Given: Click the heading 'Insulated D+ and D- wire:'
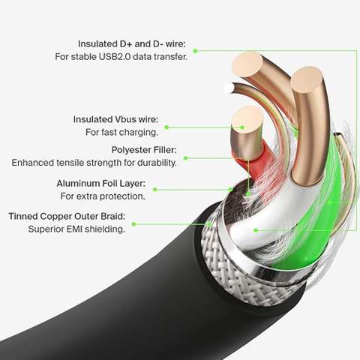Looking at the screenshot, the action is (132, 44).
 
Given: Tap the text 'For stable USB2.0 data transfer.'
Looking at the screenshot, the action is (121, 57).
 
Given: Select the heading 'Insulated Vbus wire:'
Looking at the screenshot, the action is (115, 119).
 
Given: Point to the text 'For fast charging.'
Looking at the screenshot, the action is (121, 132).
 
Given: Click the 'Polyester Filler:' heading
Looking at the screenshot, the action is (144, 150).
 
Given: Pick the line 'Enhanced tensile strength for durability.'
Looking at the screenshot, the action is (94, 163).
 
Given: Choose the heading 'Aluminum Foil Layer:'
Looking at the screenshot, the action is (100, 184).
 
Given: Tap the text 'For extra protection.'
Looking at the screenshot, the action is (103, 196).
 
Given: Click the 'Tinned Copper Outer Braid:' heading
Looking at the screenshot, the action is (67, 216).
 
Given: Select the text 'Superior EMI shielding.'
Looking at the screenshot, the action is (76, 229).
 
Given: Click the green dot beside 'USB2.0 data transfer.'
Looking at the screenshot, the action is (196, 51).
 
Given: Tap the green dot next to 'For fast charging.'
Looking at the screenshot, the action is (166, 127).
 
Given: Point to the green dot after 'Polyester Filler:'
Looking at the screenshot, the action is (185, 158).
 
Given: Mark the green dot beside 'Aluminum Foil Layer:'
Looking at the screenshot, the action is (155, 190).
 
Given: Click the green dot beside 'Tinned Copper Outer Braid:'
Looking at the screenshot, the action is (133, 224).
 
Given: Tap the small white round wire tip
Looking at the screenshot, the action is (229, 88).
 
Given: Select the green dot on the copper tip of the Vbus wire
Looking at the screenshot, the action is (242, 127).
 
